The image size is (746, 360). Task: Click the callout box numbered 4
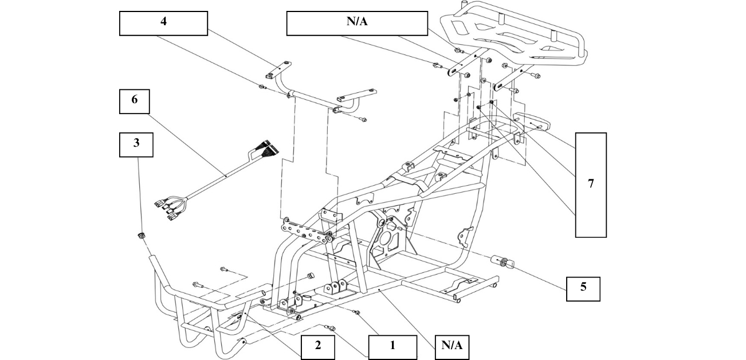(x=163, y=24)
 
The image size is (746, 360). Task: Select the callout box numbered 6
(x=135, y=101)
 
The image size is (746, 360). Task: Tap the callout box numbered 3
(x=136, y=144)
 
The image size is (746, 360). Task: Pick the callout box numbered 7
(x=591, y=185)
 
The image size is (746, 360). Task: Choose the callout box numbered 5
(x=583, y=289)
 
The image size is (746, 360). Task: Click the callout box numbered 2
(x=318, y=347)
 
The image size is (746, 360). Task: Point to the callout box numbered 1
(x=392, y=347)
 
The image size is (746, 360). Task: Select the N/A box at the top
(x=357, y=24)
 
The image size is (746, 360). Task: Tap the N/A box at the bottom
(x=452, y=347)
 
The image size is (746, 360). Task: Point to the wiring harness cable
(x=218, y=180)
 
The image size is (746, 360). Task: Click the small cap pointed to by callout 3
(x=141, y=236)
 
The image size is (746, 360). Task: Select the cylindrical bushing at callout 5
(x=503, y=261)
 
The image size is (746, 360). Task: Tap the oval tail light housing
(x=532, y=123)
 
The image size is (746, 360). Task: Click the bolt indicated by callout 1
(x=356, y=312)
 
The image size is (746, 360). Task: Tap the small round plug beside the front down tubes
(x=311, y=276)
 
